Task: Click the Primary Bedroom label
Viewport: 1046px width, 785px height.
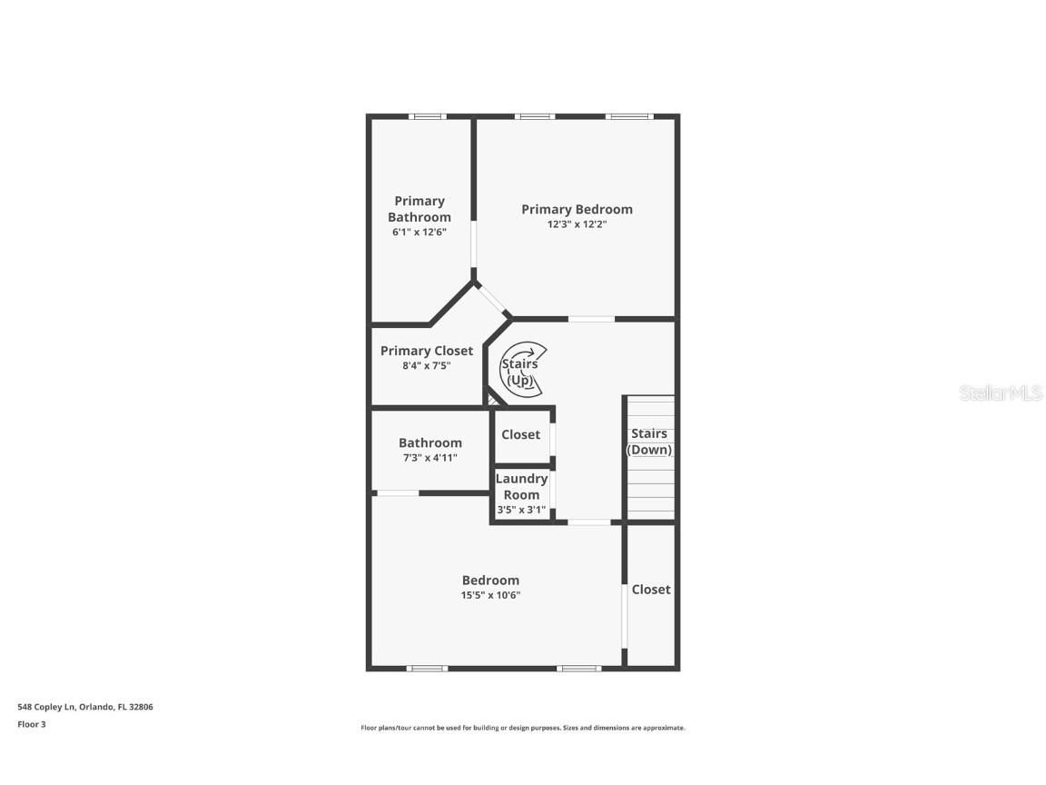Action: [577, 209]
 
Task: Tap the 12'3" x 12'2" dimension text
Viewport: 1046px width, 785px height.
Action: [577, 224]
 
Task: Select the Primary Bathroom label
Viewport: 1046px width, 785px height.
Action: [419, 209]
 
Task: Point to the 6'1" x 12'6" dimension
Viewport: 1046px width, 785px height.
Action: [419, 233]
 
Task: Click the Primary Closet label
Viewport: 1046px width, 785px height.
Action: [426, 351]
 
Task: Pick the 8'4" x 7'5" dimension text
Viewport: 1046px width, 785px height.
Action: [426, 366]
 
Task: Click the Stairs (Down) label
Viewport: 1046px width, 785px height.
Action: [649, 442]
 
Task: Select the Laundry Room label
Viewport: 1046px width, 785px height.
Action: [521, 486]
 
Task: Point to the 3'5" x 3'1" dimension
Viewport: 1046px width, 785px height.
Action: [521, 510]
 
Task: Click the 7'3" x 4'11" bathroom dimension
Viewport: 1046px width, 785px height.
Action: [429, 458]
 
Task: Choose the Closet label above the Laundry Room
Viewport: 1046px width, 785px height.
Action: [520, 434]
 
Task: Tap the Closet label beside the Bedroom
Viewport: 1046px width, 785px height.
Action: [651, 589]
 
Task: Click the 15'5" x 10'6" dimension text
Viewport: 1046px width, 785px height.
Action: [490, 596]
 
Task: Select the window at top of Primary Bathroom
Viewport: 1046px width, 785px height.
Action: [426, 116]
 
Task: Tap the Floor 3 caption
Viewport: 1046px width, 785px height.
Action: [31, 724]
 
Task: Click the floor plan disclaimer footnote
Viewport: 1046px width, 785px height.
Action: [523, 728]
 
